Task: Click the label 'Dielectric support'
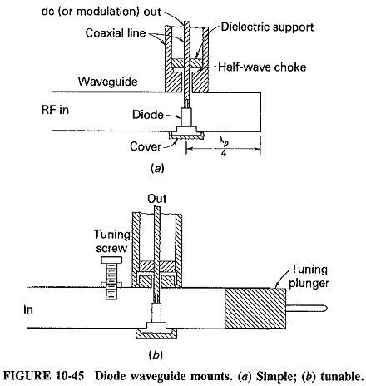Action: [267, 27]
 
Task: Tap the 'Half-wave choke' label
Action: [262, 67]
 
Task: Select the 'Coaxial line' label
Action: [116, 33]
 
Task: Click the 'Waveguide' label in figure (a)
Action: [107, 82]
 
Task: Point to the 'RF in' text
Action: [55, 110]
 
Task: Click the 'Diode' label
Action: [148, 115]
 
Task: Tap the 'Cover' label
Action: [146, 146]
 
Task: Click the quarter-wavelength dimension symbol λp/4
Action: [224, 147]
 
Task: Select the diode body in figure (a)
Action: [186, 117]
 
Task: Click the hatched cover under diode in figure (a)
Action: [186, 136]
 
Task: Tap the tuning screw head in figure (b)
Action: [111, 260]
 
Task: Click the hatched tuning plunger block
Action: [255, 308]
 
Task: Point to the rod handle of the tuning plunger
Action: [307, 308]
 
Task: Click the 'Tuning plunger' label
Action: [309, 276]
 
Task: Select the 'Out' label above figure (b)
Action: [157, 199]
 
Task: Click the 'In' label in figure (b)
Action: [28, 309]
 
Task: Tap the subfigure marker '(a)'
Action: [157, 168]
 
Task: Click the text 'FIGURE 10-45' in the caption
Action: [43, 376]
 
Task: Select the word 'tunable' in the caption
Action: [341, 376]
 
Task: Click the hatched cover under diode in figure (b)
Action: [156, 333]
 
